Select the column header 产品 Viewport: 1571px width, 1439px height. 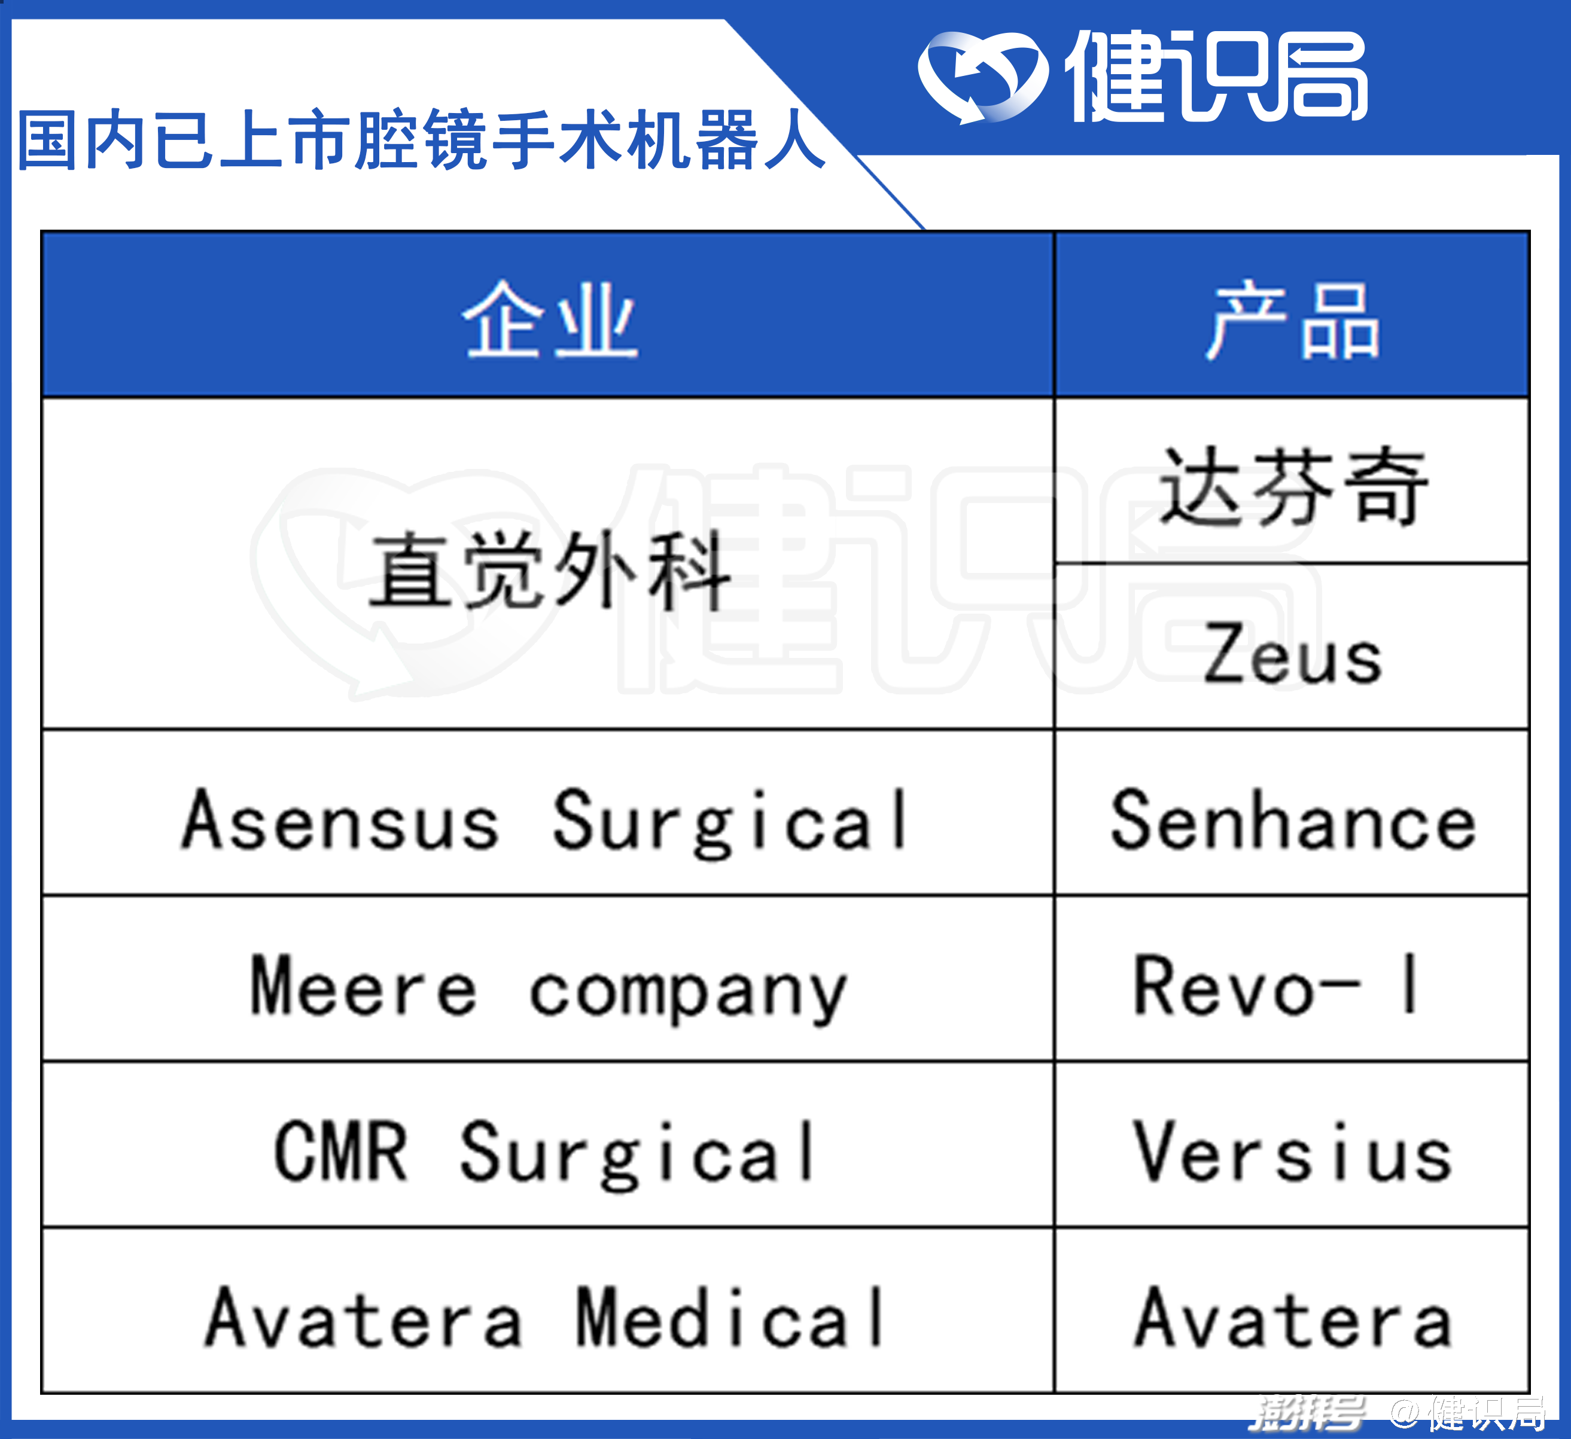pyautogui.click(x=1293, y=319)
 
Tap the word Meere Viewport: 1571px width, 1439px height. pyautogui.click(x=363, y=986)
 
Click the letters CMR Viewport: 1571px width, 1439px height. pyautogui.click(x=340, y=1151)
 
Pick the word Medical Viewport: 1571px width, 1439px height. pyautogui.click(x=729, y=1318)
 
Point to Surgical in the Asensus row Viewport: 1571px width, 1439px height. pyautogui.click(x=730, y=823)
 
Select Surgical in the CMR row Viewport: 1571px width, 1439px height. pyautogui.click(x=638, y=1156)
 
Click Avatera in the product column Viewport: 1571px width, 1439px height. pyautogui.click(x=1293, y=1318)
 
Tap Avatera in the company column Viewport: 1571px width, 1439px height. pyautogui.click(x=363, y=1318)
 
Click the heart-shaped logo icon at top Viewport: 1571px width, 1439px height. pyautogui.click(x=982, y=77)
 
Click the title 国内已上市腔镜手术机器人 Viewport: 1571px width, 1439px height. pyautogui.click(x=421, y=140)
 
